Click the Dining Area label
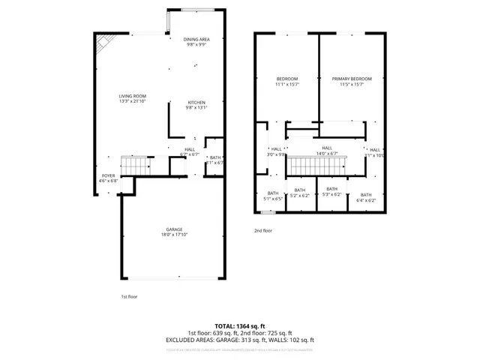click(x=196, y=39)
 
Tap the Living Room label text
click(x=132, y=96)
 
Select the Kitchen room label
click(x=196, y=102)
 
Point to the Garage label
click(x=175, y=229)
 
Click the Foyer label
click(x=109, y=176)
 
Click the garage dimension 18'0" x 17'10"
click(x=175, y=235)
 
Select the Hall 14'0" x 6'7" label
click(x=327, y=148)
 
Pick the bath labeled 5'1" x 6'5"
click(x=272, y=193)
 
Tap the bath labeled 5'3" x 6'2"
click(x=331, y=189)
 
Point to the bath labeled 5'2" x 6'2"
click(x=300, y=190)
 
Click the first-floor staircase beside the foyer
click(x=136, y=164)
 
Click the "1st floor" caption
click(x=129, y=297)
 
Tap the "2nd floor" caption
click(x=263, y=230)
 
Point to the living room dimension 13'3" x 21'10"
click(x=132, y=101)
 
